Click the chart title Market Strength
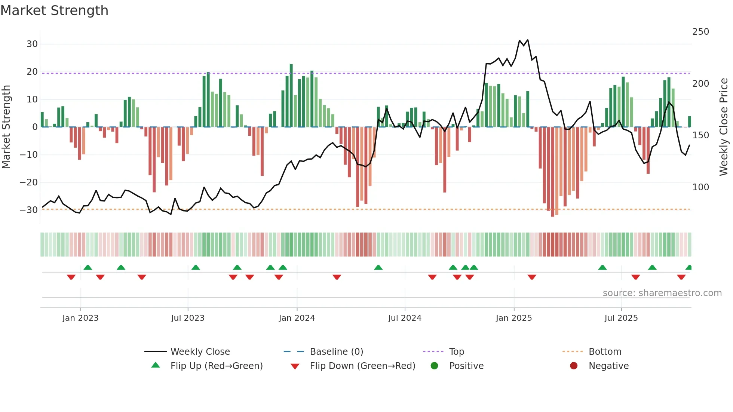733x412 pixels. coord(55,10)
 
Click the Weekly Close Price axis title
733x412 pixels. coord(724,127)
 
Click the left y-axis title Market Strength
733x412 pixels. coord(6,127)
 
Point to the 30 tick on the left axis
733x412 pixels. coord(32,44)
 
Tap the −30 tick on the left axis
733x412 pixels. coord(29,210)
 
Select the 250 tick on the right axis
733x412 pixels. coord(700,32)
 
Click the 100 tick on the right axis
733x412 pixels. coord(700,187)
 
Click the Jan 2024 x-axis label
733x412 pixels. coord(297,318)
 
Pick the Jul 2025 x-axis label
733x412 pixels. coord(621,318)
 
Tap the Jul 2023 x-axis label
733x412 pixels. coord(188,318)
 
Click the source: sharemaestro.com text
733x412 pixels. coord(662,293)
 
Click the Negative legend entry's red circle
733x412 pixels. coord(574,366)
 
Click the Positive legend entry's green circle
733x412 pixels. coord(434,366)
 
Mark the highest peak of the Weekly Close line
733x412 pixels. coord(528,40)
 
